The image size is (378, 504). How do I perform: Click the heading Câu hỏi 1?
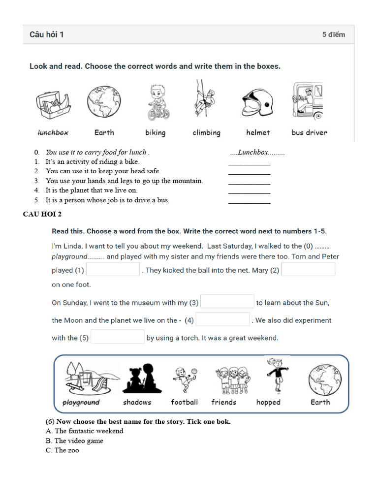coord(46,34)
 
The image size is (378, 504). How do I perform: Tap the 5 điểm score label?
coord(333,34)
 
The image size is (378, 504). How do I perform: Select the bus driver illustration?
coord(308,101)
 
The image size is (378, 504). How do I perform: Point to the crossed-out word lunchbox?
coord(53,132)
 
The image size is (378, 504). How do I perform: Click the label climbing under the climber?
coord(206,132)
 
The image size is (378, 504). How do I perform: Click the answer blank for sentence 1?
coord(250,162)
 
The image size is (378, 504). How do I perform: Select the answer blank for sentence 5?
coord(250,201)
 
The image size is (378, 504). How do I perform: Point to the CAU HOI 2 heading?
coord(42,214)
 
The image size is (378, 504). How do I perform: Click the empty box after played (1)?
coord(114,270)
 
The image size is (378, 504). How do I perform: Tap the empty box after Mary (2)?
coord(308,269)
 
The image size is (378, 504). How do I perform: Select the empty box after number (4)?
coord(223,319)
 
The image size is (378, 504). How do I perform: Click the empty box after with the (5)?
coord(118,337)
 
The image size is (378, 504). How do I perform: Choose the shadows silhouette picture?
coord(136,379)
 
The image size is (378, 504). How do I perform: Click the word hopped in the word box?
coord(268,402)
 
